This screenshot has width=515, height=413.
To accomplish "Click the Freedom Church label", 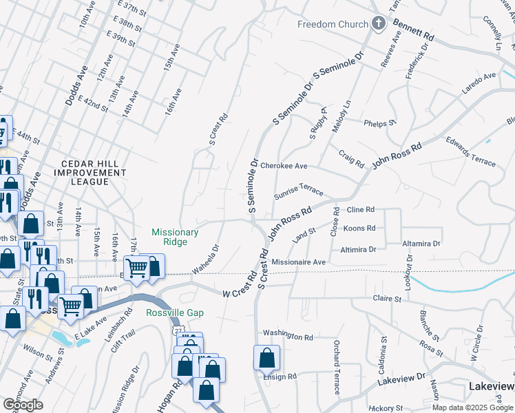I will point(333,25).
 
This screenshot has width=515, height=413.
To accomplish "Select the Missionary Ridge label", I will point(175,237).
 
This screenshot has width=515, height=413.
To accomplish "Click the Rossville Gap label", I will point(175,313).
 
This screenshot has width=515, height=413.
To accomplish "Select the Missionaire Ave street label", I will point(298,262).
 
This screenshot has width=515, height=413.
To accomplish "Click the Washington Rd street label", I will point(288,336).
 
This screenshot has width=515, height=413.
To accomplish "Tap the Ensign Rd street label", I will point(279,377).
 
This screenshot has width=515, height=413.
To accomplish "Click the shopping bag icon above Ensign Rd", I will point(266,358).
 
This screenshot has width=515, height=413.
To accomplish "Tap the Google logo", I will point(23,405).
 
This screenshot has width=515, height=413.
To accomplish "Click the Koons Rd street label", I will point(359,228).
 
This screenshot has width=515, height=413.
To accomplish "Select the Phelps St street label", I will point(380,123).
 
